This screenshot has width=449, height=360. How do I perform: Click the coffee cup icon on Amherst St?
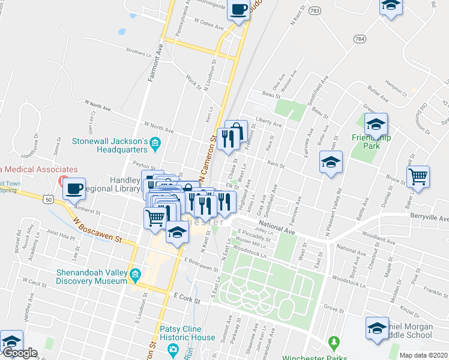pyautogui.click(x=74, y=188)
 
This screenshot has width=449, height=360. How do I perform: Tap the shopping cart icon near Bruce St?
pyautogui.click(x=418, y=176)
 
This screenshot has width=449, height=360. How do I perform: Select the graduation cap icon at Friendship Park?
pyautogui.click(x=376, y=124)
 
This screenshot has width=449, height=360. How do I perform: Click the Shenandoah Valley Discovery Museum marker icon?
pyautogui.click(x=136, y=276)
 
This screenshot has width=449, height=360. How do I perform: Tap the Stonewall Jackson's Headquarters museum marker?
pyautogui.click(x=155, y=142)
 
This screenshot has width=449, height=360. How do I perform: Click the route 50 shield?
pyautogui.click(x=47, y=197)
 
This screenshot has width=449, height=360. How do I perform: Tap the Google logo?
pyautogui.click(x=20, y=353)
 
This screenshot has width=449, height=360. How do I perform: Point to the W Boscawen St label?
pyautogui.click(x=97, y=230)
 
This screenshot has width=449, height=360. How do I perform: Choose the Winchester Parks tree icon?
pyautogui.click(x=334, y=344)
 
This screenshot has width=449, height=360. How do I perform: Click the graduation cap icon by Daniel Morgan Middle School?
pyautogui.click(x=377, y=328)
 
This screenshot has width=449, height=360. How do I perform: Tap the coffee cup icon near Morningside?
pyautogui.click(x=239, y=10)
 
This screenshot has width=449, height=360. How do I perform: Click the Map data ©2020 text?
pyautogui.click(x=423, y=355)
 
